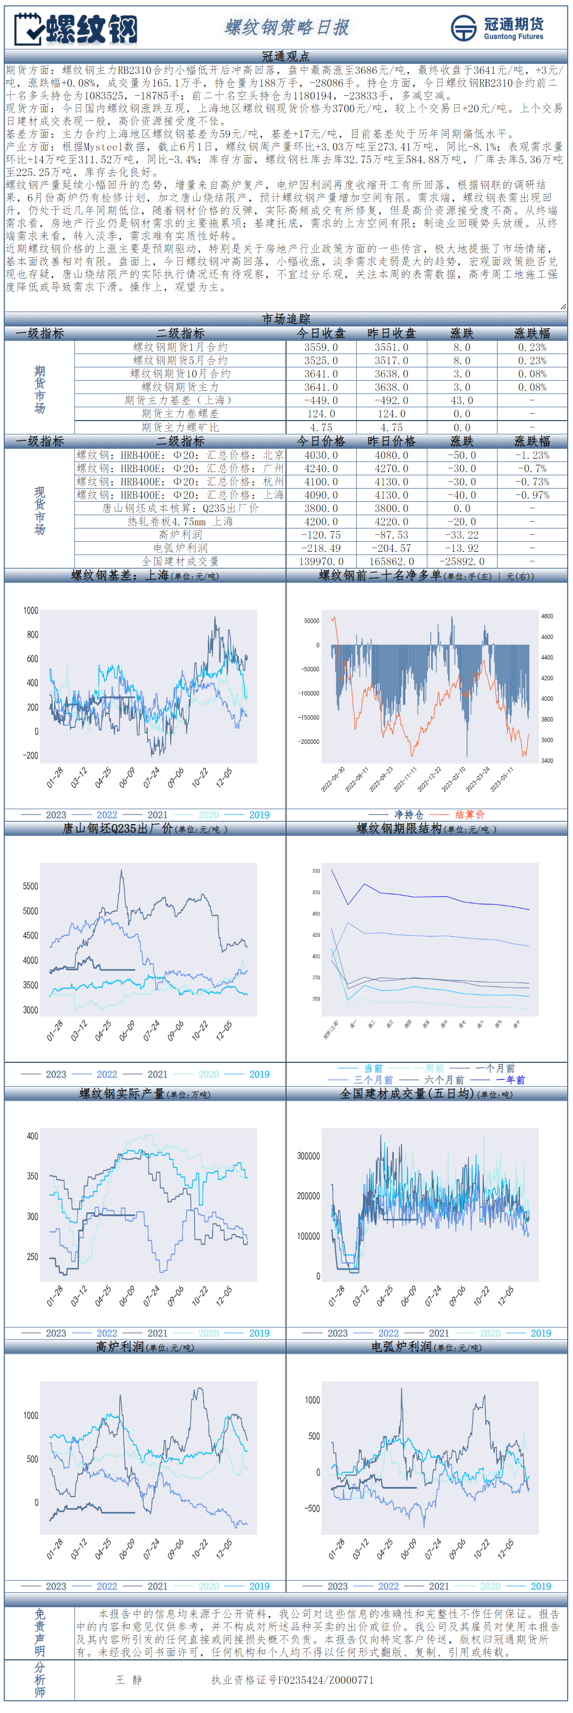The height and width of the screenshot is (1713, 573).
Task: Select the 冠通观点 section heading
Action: (x=286, y=56)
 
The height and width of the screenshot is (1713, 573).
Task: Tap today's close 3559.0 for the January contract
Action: (x=321, y=347)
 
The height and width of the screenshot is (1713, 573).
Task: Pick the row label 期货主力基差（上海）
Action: (x=180, y=400)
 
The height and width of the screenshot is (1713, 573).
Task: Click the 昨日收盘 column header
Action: (x=392, y=333)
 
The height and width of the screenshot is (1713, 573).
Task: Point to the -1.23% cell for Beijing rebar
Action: (x=532, y=456)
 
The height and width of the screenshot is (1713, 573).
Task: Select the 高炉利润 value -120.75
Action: (x=321, y=535)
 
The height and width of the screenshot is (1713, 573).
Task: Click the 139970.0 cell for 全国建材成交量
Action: (x=321, y=561)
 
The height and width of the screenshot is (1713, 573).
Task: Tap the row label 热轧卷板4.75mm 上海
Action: (x=180, y=522)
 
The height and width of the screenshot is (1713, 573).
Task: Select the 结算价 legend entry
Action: (x=469, y=814)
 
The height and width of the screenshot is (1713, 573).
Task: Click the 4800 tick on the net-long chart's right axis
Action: (x=546, y=616)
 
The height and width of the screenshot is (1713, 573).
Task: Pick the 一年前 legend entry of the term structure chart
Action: (x=510, y=1080)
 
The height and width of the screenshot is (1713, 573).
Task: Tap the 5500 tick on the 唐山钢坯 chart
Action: (x=31, y=886)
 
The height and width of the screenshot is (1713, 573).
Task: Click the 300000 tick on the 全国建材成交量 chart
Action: (x=308, y=1156)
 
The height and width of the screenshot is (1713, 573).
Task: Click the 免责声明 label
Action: (x=39, y=1633)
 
